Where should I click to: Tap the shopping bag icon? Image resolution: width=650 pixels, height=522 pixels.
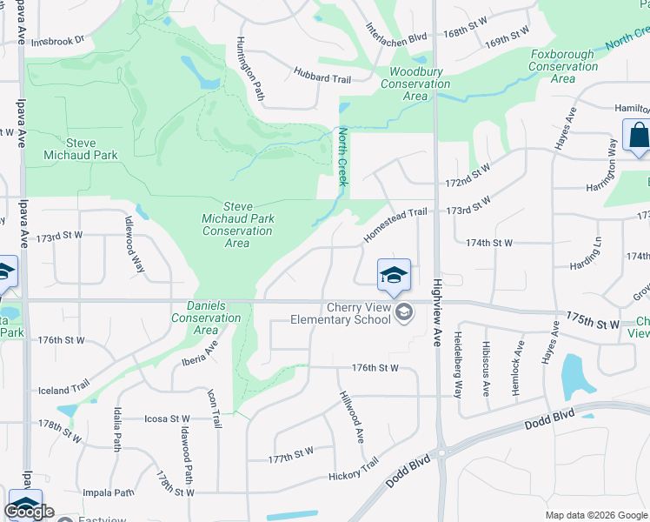coord(638,137)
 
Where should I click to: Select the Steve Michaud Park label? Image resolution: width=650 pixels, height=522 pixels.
coord(80,149)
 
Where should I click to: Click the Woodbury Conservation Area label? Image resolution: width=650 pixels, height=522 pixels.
coord(415,84)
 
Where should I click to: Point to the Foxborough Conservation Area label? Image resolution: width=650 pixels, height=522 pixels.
coord(562,66)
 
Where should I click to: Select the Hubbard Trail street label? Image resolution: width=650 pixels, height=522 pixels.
coord(322,77)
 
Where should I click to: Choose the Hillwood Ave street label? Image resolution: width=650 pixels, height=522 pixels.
coord(351,415)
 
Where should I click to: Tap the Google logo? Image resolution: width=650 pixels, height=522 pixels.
coord(29,512)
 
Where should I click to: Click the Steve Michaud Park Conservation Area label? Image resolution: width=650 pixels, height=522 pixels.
coord(237,224)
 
